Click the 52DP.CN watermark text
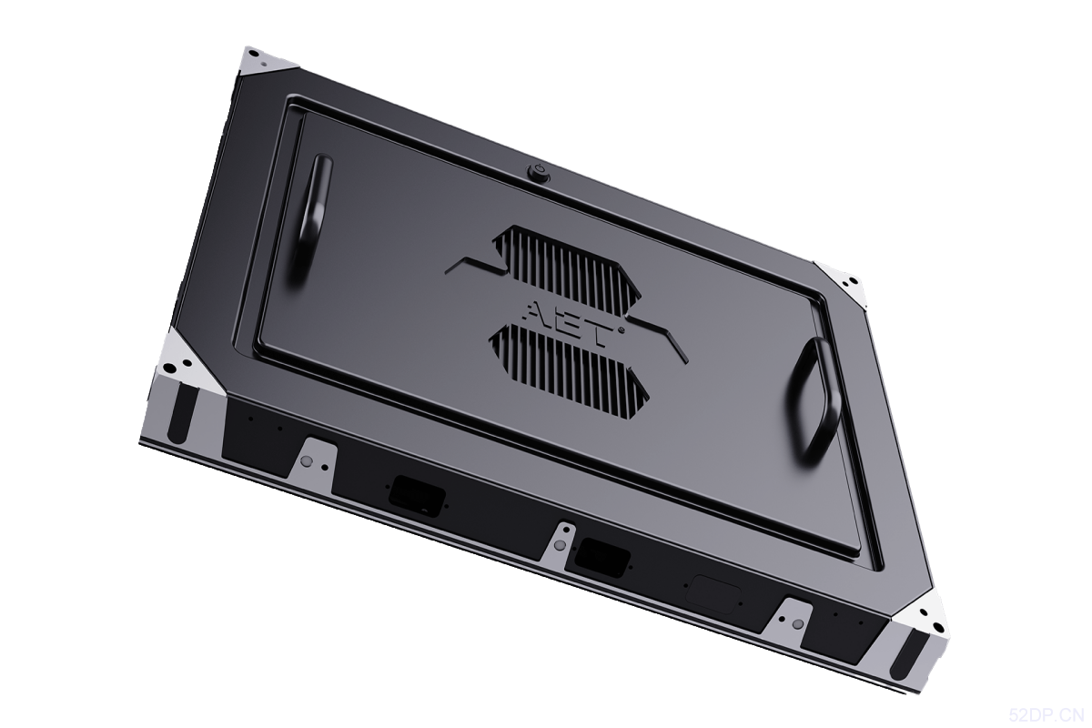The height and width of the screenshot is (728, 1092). pyautogui.click(x=1047, y=716)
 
